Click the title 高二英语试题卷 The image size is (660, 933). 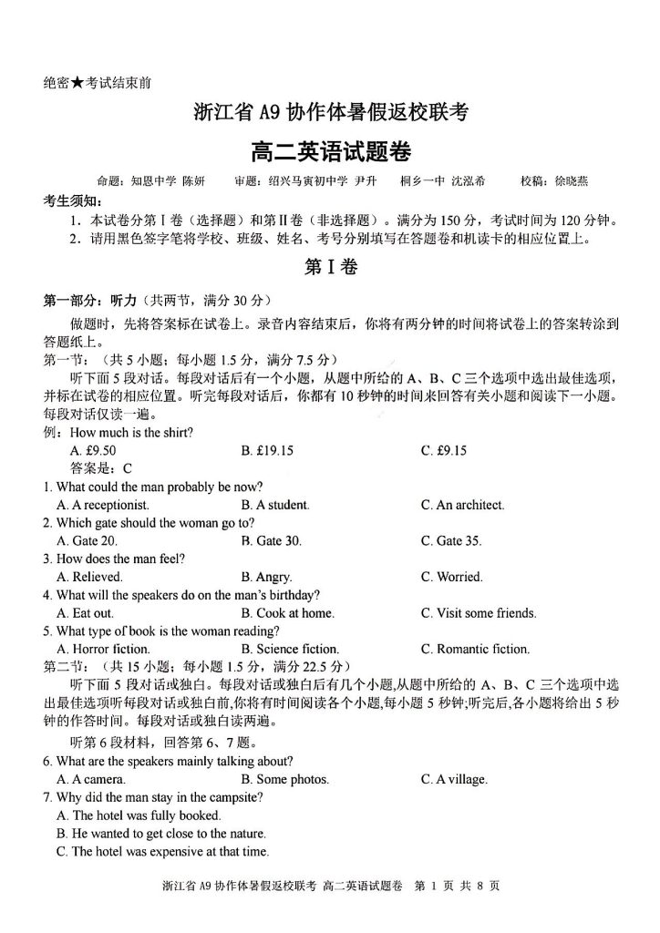(x=330, y=148)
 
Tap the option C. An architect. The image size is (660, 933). (x=462, y=504)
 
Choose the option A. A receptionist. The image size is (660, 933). (x=103, y=504)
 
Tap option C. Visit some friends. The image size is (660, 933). (x=479, y=613)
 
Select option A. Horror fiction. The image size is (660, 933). (x=102, y=649)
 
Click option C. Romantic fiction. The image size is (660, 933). (x=474, y=649)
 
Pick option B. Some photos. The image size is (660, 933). (x=284, y=779)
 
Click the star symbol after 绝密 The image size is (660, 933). (x=78, y=82)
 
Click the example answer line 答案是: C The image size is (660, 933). (x=101, y=468)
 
